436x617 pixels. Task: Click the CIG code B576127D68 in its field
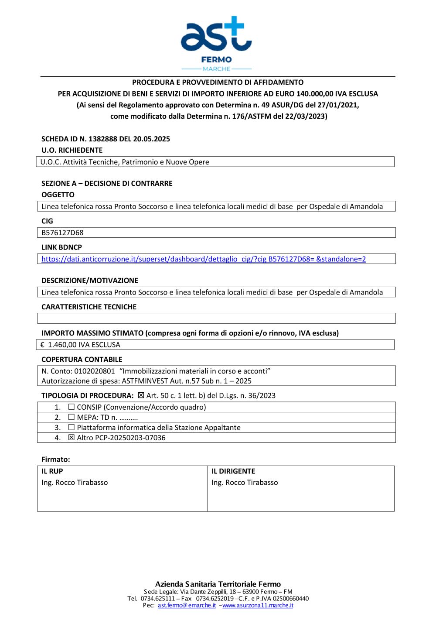(x=62, y=233)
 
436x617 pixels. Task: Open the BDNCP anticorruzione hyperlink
(x=204, y=259)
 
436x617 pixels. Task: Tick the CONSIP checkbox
(x=72, y=407)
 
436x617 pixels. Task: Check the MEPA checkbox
(x=72, y=417)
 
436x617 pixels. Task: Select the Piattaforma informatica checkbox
(x=72, y=428)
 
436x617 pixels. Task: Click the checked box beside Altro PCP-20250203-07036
(x=72, y=438)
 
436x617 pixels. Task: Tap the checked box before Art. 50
(x=141, y=395)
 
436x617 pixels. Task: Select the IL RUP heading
(x=52, y=471)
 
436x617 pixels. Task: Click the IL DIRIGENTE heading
(x=233, y=471)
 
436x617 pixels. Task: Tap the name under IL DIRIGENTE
(x=245, y=483)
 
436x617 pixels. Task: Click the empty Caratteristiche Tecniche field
(x=216, y=319)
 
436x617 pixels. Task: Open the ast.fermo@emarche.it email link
(x=187, y=605)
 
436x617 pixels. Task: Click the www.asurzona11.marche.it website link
(x=258, y=605)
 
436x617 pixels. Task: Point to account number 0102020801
(x=94, y=371)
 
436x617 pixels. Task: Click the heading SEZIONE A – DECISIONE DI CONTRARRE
(x=107, y=183)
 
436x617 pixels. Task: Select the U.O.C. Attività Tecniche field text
(x=125, y=162)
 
